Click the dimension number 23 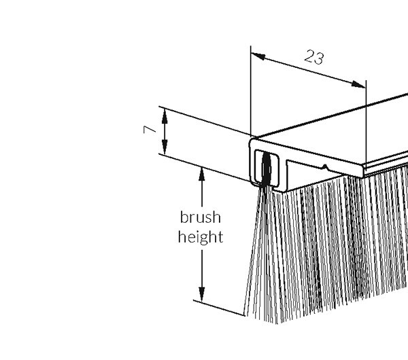click(x=314, y=57)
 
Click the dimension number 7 click(x=150, y=130)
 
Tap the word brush click(x=201, y=217)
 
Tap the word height click(x=201, y=237)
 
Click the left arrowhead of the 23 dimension click(x=258, y=56)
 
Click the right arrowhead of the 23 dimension click(x=358, y=84)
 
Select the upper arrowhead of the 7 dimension click(x=165, y=116)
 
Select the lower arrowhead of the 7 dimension click(x=165, y=147)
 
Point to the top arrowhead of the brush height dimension click(x=202, y=174)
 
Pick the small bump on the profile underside click(x=324, y=166)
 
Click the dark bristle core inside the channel click(x=266, y=169)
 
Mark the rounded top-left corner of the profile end click(x=252, y=141)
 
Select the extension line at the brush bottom click(x=219, y=308)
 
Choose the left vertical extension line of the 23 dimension click(x=250, y=91)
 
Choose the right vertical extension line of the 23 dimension click(x=366, y=125)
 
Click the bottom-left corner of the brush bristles click(x=245, y=316)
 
